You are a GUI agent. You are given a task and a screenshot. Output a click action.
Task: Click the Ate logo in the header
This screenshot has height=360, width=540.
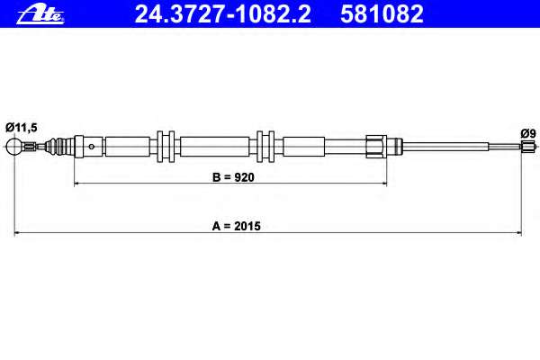point(40,14)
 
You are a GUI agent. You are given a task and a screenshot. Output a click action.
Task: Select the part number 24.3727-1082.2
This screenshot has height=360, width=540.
point(223,14)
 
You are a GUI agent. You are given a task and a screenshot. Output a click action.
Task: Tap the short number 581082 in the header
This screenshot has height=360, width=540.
point(382,14)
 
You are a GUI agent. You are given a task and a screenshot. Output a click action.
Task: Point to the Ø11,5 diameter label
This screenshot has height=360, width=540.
point(22,128)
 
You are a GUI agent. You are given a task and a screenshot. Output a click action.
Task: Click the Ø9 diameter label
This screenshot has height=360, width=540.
point(528,133)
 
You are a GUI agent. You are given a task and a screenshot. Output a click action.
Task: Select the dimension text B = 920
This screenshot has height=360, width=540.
point(233,177)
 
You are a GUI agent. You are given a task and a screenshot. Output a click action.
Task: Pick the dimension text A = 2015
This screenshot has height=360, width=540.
point(236,226)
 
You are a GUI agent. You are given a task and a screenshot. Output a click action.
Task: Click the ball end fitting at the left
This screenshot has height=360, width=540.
point(14,147)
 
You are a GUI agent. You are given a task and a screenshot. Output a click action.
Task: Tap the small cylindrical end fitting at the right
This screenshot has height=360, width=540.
point(526,146)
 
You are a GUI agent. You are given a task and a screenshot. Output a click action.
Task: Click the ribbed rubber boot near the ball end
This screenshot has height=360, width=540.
point(58,147)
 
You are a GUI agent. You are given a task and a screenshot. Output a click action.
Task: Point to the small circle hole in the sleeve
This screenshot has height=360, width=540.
point(92,147)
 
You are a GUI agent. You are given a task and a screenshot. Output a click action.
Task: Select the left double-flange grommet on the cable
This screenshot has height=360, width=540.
point(166,147)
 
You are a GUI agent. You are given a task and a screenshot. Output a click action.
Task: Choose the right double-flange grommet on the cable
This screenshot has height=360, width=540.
point(265,147)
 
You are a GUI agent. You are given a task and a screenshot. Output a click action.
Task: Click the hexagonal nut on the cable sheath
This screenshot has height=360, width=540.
point(376,147)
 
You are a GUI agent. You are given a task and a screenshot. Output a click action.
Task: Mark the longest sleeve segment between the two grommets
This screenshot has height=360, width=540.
point(215,147)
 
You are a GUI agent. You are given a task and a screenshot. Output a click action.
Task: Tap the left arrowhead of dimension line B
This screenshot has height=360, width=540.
point(76,184)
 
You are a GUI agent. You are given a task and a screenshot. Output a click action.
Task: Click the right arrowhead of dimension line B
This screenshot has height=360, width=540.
point(384,184)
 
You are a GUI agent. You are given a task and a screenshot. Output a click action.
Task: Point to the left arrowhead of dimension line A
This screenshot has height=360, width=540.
point(17,233)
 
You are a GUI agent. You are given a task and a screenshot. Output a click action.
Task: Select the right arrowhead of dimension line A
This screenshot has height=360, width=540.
point(518,233)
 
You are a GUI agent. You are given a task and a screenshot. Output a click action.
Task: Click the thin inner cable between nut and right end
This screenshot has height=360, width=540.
point(462,147)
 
